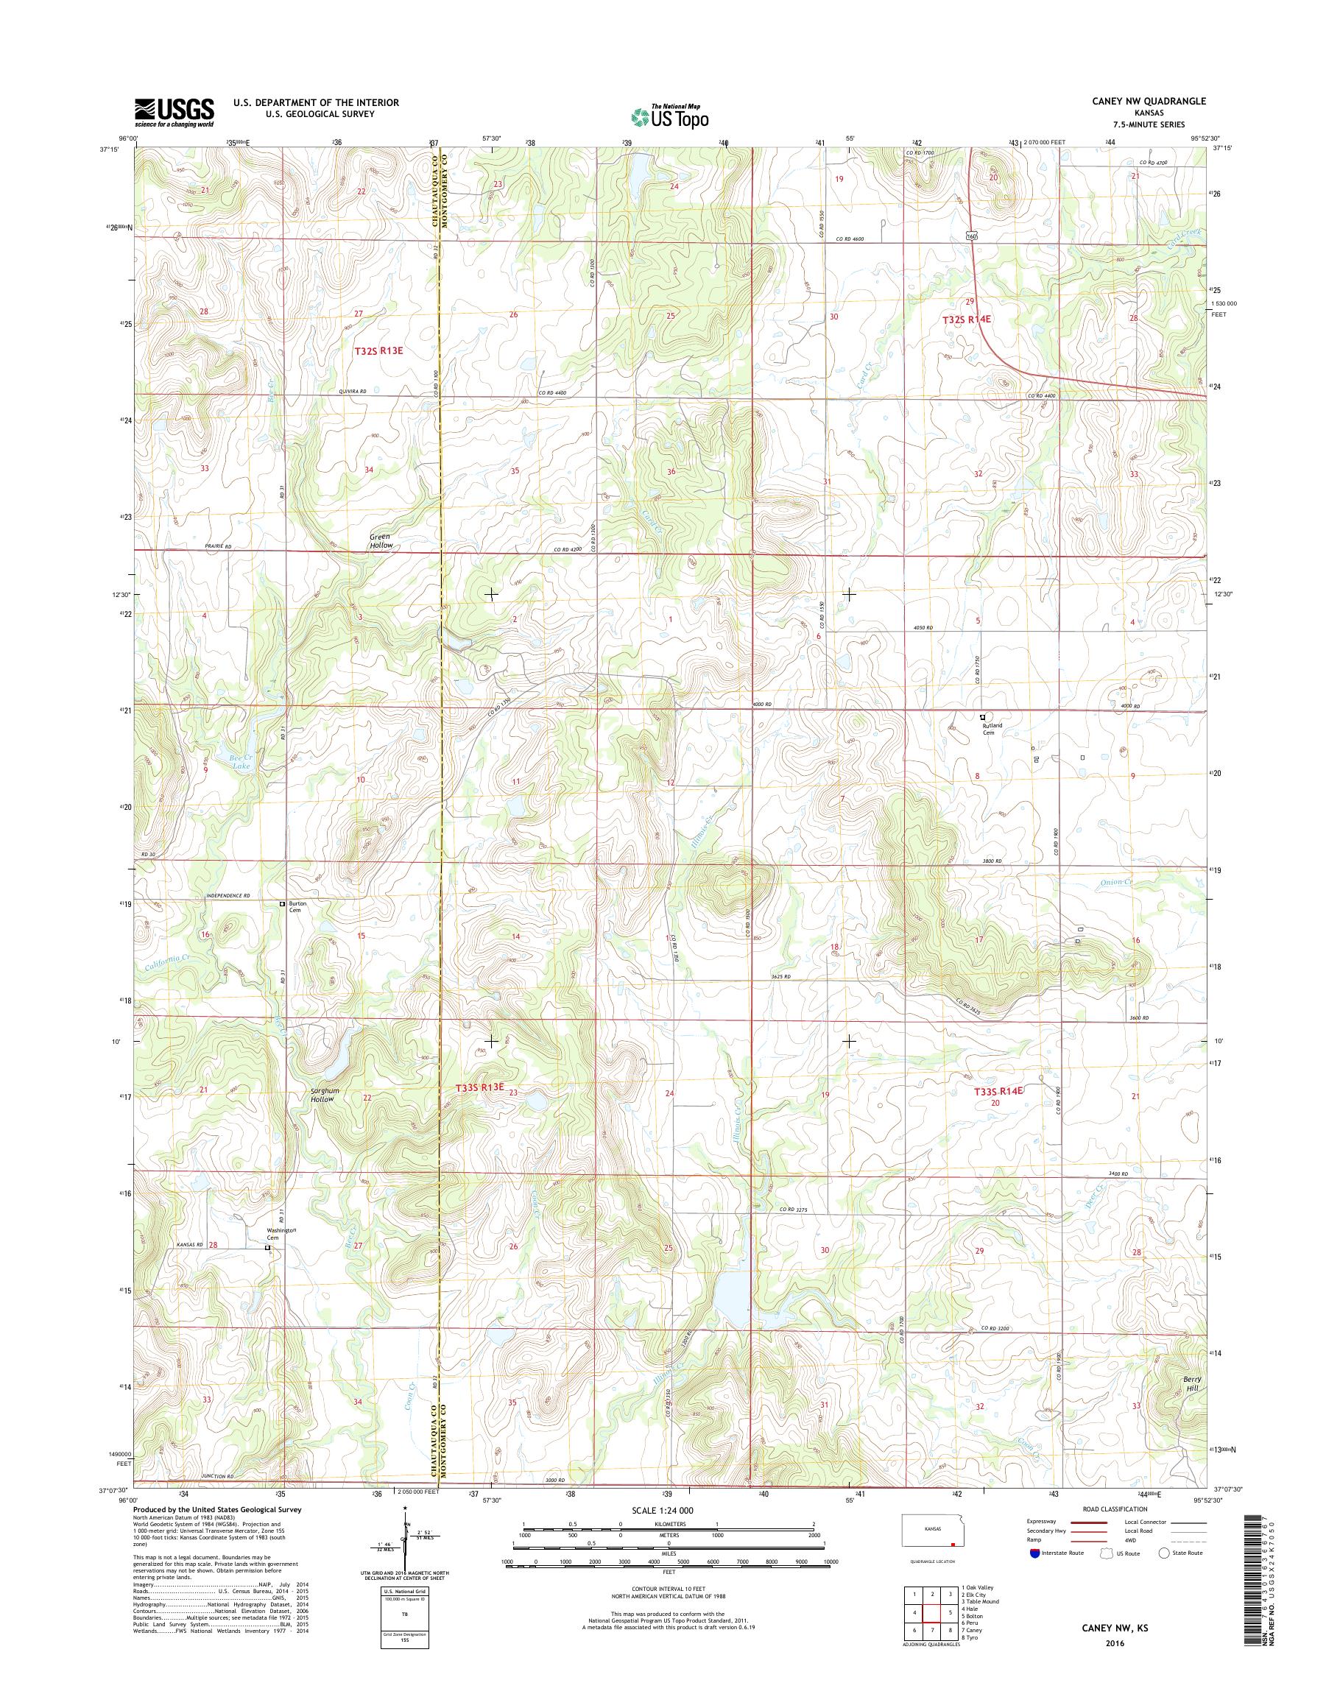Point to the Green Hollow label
tap(381, 540)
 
